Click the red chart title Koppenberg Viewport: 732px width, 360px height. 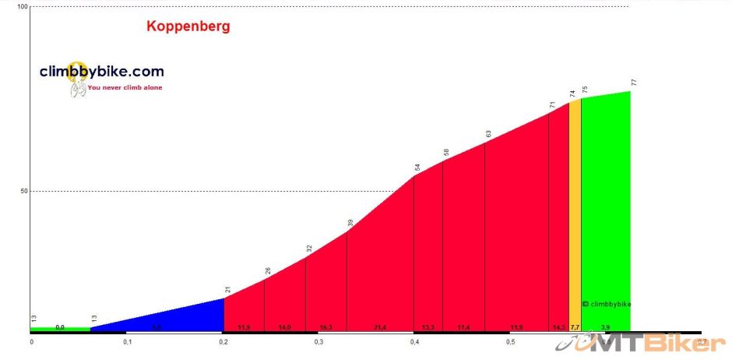click(x=188, y=26)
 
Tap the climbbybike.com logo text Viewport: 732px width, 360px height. click(x=102, y=72)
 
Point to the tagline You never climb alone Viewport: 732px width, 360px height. click(x=125, y=88)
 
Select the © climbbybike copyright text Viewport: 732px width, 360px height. click(x=607, y=304)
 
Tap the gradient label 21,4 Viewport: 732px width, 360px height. click(x=379, y=328)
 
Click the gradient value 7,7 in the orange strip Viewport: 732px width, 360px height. click(x=575, y=328)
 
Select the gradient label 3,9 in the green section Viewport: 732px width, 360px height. click(x=605, y=328)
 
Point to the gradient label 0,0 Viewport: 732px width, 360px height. click(x=60, y=327)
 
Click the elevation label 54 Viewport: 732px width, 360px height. click(x=417, y=167)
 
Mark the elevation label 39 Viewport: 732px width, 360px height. click(x=350, y=223)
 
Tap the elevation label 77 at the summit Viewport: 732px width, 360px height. click(x=634, y=83)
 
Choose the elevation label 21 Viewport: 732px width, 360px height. click(x=228, y=290)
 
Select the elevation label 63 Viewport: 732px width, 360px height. click(x=488, y=134)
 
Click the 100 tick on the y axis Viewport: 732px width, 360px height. click(x=23, y=7)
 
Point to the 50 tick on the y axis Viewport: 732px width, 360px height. click(x=23, y=191)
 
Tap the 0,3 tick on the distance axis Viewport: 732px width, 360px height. click(x=318, y=342)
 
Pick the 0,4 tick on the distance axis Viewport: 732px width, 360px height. click(x=414, y=342)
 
